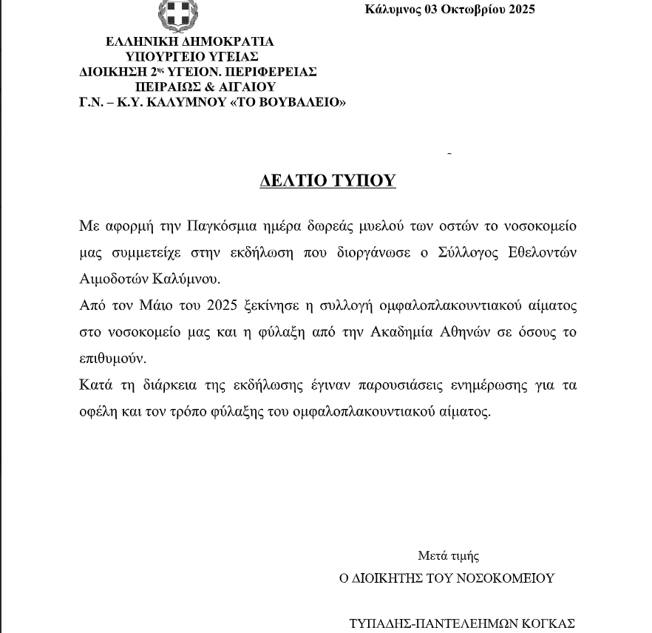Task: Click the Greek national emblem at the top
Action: click(x=179, y=15)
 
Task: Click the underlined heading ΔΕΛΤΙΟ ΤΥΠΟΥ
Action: click(x=327, y=181)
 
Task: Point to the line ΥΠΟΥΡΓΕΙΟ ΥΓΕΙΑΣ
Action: click(x=192, y=56)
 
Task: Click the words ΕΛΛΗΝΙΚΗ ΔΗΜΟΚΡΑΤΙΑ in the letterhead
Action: click(x=190, y=41)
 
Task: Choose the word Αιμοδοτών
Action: click(x=110, y=279)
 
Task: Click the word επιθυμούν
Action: click(x=112, y=359)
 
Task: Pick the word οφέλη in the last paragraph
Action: click(x=96, y=412)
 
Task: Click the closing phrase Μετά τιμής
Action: click(x=449, y=556)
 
